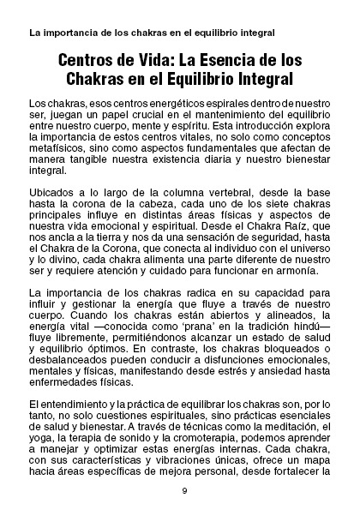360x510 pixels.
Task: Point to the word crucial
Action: click(154, 113)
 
